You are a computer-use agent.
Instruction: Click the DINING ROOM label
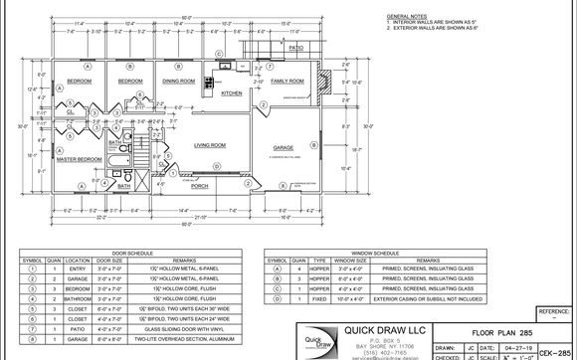[179, 81]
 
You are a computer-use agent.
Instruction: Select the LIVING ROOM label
[208, 144]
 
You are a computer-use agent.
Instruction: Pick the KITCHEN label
[232, 93]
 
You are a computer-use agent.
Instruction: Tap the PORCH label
[199, 186]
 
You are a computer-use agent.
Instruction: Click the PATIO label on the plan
[295, 47]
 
